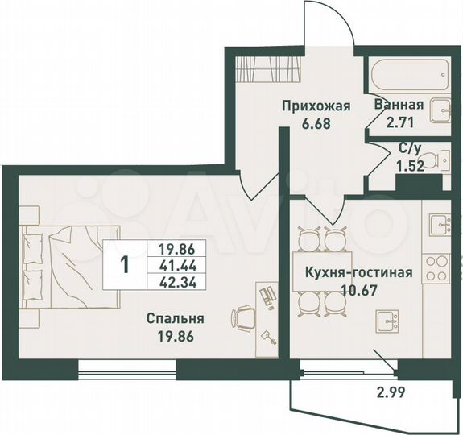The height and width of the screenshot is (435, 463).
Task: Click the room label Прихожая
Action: [316, 106]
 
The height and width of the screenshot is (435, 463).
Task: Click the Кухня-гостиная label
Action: [358, 272]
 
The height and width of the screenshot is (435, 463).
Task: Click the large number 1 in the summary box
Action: [124, 264]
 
